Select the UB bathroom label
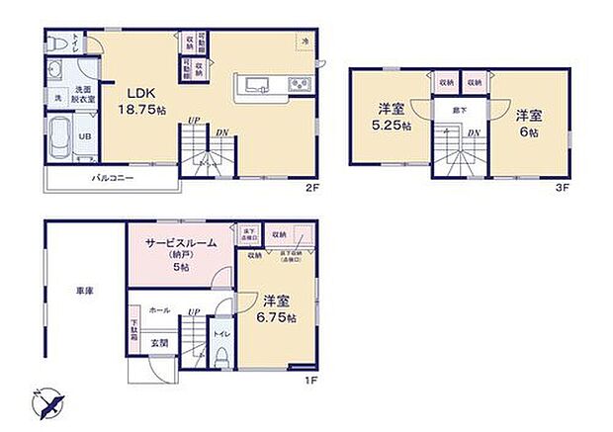tap(86, 135)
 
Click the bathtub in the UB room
tap(60, 135)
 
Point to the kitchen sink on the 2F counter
tap(253, 83)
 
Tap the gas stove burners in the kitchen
tap(299, 84)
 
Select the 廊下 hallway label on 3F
tap(460, 111)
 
